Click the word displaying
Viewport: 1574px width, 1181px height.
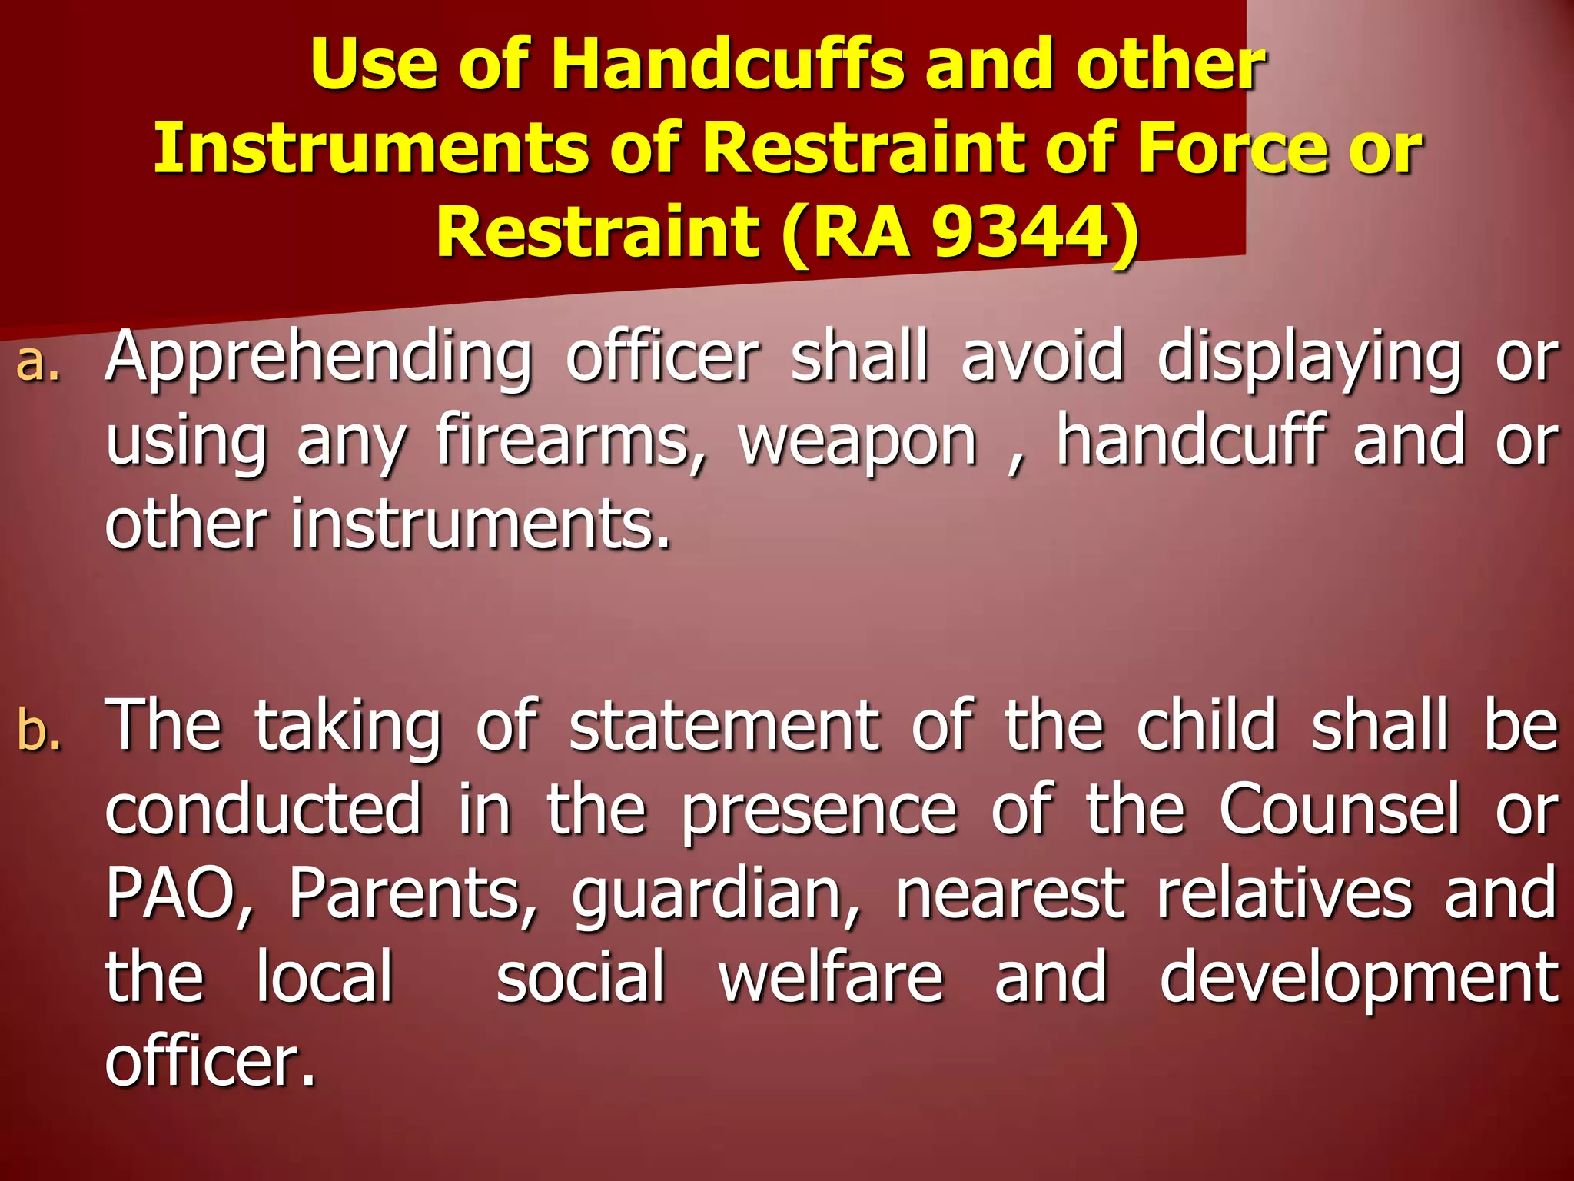(x=1308, y=358)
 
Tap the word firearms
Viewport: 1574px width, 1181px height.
(x=569, y=442)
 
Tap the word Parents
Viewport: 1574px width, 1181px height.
(x=412, y=893)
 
